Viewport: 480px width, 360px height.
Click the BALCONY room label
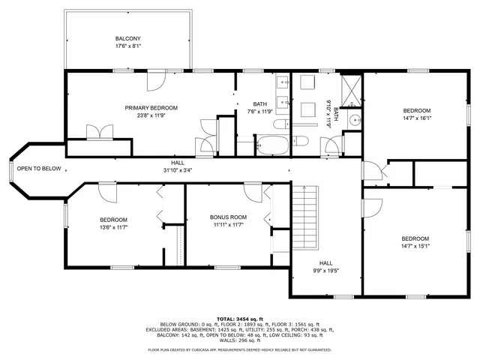[127, 38]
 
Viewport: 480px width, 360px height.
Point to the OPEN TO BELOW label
[39, 169]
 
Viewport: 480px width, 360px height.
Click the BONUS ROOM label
[228, 217]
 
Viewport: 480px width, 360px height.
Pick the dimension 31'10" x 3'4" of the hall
[177, 169]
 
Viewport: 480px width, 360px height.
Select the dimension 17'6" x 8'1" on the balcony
[127, 46]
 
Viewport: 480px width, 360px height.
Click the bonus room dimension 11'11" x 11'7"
[228, 224]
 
